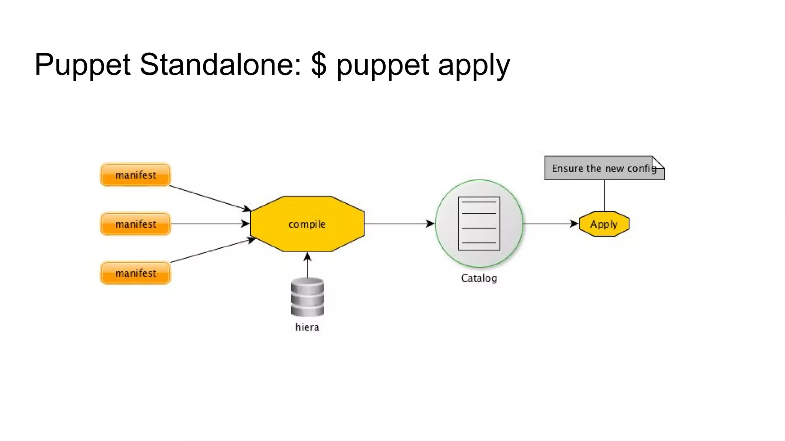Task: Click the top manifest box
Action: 135,175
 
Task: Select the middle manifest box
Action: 135,224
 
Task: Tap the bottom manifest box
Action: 135,273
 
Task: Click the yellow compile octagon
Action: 307,224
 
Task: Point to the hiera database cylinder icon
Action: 307,297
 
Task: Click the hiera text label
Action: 307,327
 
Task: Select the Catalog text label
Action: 479,278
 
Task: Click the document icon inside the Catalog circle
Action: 479,224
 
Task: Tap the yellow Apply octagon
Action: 604,224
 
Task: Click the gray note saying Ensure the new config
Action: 598,168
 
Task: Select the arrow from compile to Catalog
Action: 399,224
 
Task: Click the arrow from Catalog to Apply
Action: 550,224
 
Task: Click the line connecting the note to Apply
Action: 604,195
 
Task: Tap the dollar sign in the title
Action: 319,64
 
